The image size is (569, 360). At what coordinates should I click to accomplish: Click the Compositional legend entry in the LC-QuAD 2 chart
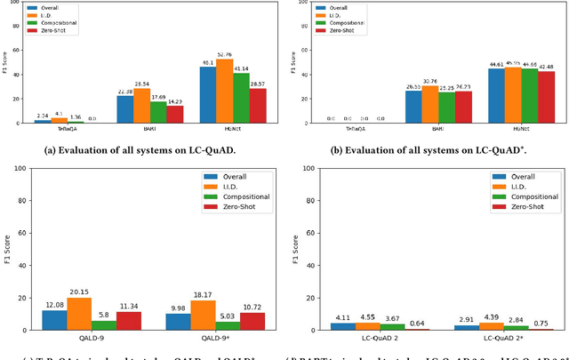point(526,197)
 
